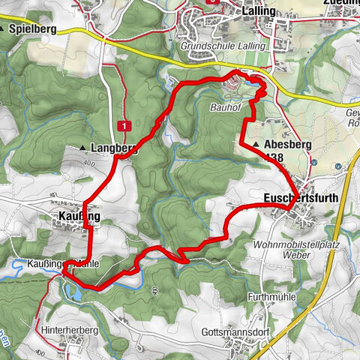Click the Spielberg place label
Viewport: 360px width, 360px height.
point(33,28)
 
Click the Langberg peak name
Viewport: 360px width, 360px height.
point(113,148)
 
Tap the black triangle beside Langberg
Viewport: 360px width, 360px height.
point(82,148)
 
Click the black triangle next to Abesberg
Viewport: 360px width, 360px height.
point(256,145)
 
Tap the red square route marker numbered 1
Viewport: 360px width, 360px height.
point(124,125)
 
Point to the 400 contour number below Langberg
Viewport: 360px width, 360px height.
point(91,162)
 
